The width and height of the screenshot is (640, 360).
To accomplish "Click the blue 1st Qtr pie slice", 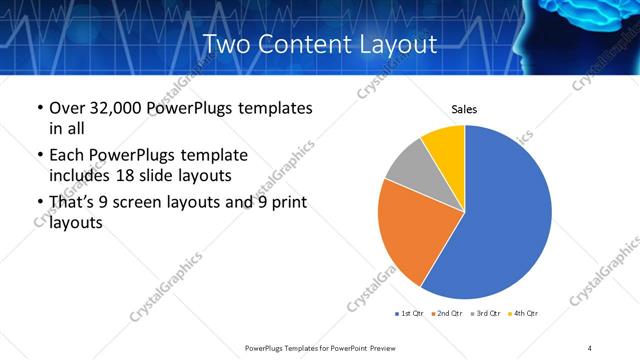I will pos(505,215).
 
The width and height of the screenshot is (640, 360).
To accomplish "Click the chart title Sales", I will pos(464,108).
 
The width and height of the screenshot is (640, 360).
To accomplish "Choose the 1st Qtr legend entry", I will pos(409,313).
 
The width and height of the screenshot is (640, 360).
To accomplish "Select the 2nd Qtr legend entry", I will pos(447,313).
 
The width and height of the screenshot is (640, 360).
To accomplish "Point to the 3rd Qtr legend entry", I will pos(485,313).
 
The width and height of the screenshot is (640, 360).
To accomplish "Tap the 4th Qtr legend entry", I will pos(523,313).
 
